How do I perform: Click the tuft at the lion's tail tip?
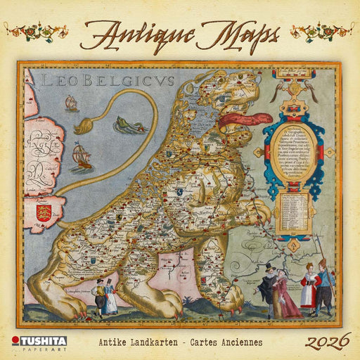(82, 127)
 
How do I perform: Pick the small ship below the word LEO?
(71, 104)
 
